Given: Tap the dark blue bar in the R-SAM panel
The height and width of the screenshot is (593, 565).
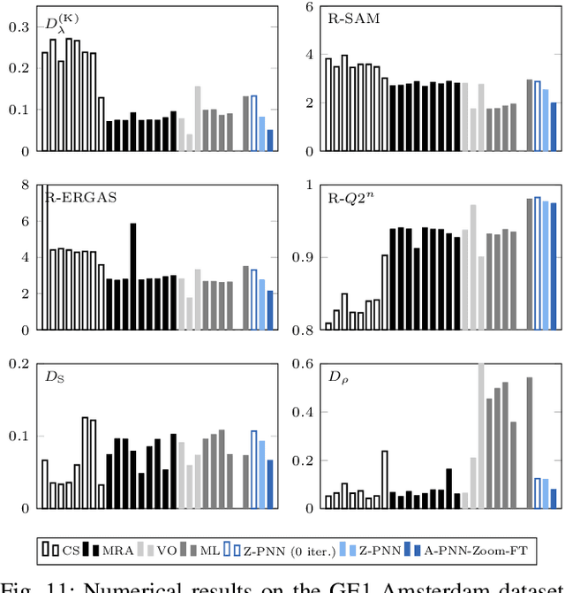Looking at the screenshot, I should click(x=554, y=125).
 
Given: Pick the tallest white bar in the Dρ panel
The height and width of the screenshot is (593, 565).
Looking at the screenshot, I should click(x=385, y=479).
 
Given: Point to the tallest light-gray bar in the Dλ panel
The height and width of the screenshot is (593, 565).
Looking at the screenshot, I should click(x=198, y=118).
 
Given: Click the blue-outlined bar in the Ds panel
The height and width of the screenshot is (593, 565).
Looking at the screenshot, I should click(x=254, y=468).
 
